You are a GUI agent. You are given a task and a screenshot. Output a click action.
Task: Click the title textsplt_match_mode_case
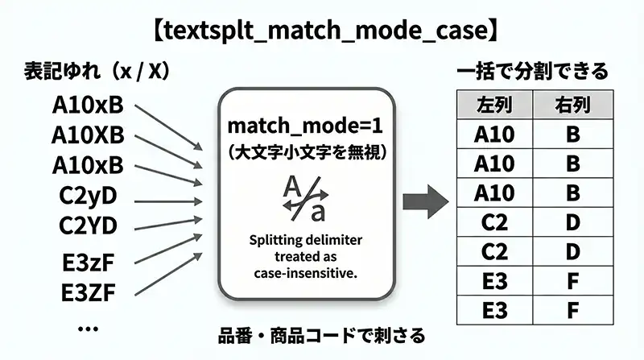pyautogui.click(x=322, y=31)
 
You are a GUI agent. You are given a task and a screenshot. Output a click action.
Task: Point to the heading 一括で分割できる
pyautogui.click(x=531, y=72)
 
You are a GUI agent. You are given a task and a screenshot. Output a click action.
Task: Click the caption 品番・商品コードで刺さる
pyautogui.click(x=322, y=335)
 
